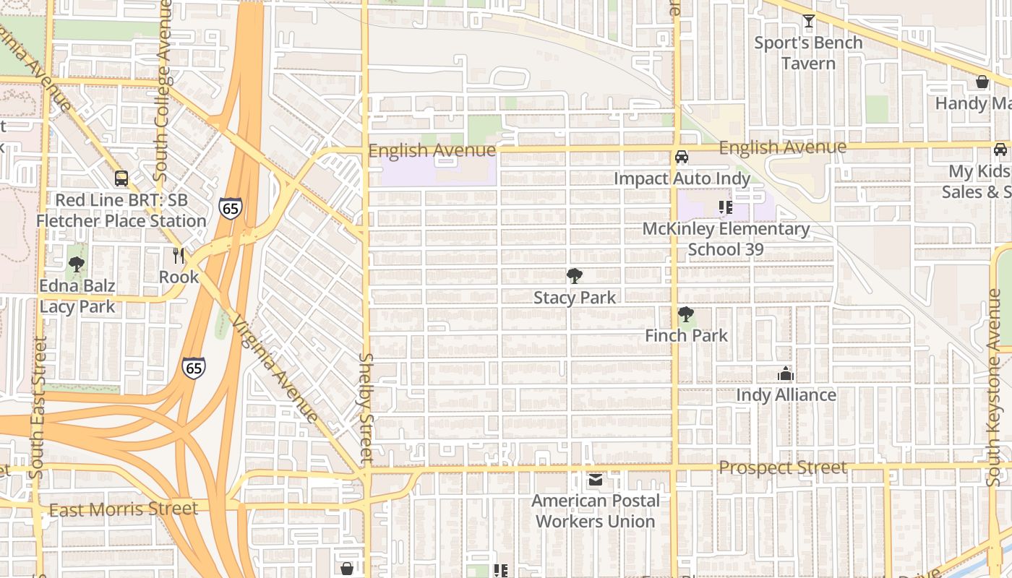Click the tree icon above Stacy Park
click(x=575, y=275)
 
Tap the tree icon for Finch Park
click(x=686, y=314)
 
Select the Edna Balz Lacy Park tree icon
click(x=77, y=264)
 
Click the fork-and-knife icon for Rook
click(x=179, y=255)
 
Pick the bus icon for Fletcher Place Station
click(x=121, y=178)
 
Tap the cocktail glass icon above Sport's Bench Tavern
click(x=808, y=21)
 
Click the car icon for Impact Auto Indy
click(x=681, y=157)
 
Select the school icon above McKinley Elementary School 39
click(x=726, y=208)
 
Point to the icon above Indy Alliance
click(x=786, y=374)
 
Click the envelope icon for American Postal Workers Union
click(x=595, y=480)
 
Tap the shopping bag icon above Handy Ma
click(x=982, y=82)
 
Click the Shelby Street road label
click(x=366, y=408)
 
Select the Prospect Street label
click(x=782, y=468)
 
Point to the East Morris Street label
click(x=123, y=509)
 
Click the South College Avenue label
click(x=163, y=90)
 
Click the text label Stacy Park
click(x=575, y=298)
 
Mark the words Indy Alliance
click(x=786, y=395)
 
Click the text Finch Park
click(x=686, y=336)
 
